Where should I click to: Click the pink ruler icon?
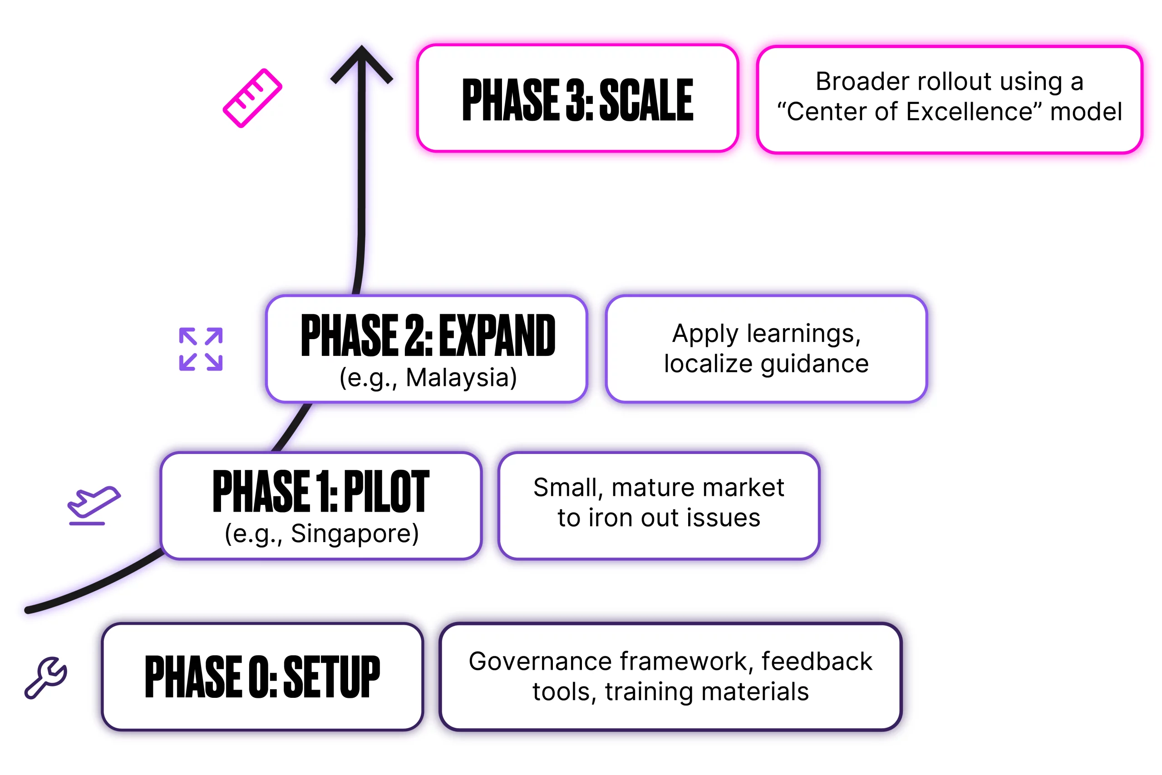[x=252, y=98]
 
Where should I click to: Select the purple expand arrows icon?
[x=201, y=349]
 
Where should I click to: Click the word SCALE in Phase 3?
[x=646, y=100]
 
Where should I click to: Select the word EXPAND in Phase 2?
[x=497, y=336]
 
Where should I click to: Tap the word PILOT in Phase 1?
[x=386, y=492]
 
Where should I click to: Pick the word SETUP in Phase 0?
[x=331, y=676]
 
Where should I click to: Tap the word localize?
[x=708, y=364]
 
